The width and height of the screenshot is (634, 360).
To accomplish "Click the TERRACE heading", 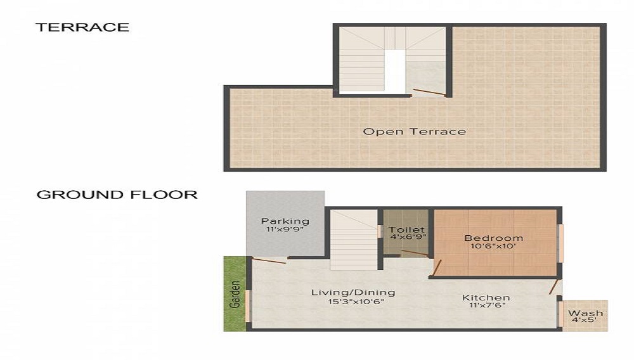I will tap(82, 27).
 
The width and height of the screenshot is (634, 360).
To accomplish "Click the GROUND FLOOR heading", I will tap(117, 195).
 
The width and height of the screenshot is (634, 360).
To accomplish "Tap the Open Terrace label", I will tap(414, 132).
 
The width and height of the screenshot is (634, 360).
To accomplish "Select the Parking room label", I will tap(285, 221).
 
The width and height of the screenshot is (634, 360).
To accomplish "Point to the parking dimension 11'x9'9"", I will tap(285, 231).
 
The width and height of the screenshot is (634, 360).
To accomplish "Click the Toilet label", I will tap(406, 229).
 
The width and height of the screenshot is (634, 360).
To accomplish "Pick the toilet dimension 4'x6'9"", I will tap(406, 238).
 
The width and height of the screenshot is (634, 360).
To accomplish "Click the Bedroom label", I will tap(493, 238).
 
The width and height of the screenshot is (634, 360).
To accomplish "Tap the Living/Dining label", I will tap(353, 292).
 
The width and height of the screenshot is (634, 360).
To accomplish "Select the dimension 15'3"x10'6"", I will tap(353, 302).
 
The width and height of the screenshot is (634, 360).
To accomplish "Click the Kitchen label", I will tap(486, 297).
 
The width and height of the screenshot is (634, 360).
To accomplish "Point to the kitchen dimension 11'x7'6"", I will tap(486, 307).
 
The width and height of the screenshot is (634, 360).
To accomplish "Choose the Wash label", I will tap(585, 313).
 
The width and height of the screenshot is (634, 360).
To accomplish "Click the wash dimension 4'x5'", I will tap(585, 322).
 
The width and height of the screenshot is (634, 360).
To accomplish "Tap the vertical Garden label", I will tap(235, 294).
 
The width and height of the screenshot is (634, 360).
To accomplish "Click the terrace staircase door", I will tap(429, 92).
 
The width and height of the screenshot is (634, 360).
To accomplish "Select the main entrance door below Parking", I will tap(269, 259).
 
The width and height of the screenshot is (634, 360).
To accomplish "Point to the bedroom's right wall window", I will tap(560, 243).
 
